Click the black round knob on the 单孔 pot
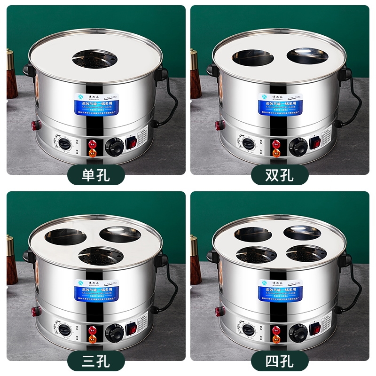(x=114, y=145)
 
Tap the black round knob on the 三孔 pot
(x=114, y=330)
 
